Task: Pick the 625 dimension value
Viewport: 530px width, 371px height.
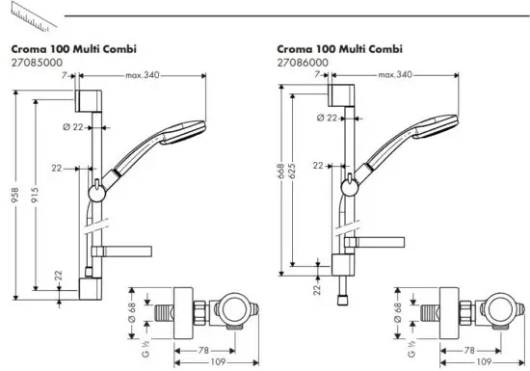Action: [x=294, y=174]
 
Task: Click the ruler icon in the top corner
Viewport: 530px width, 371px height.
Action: [x=21, y=15]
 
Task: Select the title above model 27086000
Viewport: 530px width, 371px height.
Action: [x=338, y=48]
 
